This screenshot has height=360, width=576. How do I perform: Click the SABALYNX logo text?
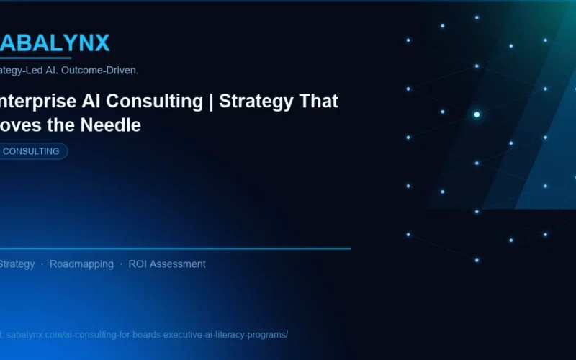tap(55, 43)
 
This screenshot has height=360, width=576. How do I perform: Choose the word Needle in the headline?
tap(112, 125)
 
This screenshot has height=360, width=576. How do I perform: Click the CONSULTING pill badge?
tap(32, 151)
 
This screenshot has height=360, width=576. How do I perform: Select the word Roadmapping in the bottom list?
tap(81, 264)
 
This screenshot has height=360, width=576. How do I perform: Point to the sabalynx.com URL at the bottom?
tap(144, 335)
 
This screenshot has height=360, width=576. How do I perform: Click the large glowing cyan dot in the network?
tap(477, 114)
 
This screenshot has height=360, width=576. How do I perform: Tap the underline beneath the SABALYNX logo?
tap(36, 58)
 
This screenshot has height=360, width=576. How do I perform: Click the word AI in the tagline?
tap(51, 71)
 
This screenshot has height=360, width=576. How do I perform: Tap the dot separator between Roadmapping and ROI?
tap(121, 264)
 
